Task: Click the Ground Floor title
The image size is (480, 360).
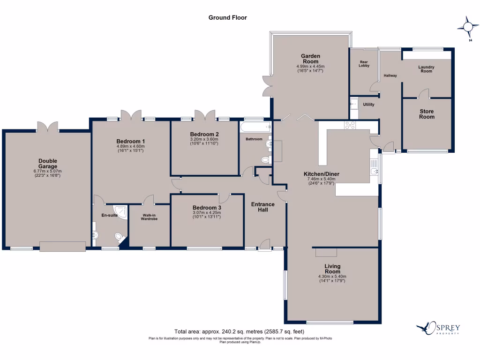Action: point(227,18)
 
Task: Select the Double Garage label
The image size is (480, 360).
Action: point(48,164)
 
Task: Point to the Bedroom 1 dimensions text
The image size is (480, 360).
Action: point(131,149)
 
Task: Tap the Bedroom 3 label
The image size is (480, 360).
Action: point(206,208)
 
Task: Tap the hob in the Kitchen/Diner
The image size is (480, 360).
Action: point(350,125)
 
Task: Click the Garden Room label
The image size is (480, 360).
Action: point(310,59)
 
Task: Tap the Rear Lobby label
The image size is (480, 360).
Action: point(364,63)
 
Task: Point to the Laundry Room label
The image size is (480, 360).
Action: point(426,69)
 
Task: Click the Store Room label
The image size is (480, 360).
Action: point(427,114)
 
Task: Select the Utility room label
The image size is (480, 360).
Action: point(368,105)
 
